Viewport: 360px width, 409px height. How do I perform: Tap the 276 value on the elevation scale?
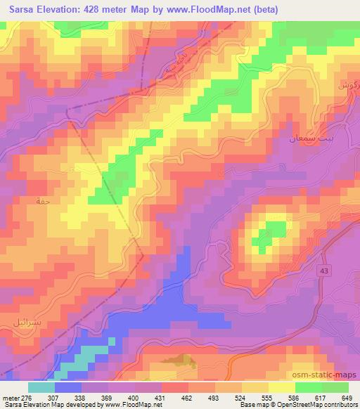coord(25,397)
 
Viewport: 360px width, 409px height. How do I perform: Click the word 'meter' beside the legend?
coord(10,397)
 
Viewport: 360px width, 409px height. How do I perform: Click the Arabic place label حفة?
coord(41,200)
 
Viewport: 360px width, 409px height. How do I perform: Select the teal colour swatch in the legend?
coord(41,387)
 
